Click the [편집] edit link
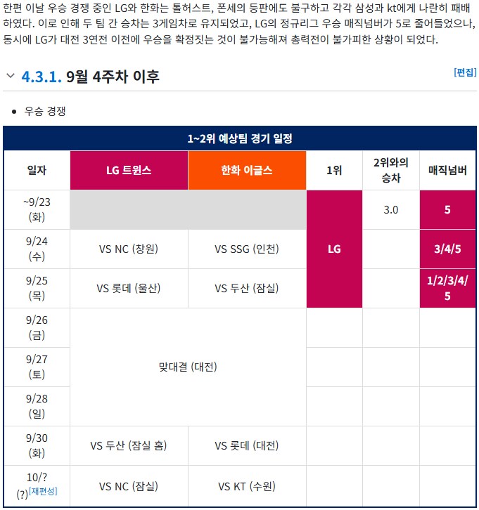pos(465,72)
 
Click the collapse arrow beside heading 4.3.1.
pos(10,76)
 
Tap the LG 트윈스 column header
pos(129,170)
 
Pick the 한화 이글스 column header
pos(247,170)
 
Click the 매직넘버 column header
pos(447,170)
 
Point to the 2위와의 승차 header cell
pos(390,170)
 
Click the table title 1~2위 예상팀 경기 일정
pos(240,138)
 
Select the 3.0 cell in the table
pos(390,209)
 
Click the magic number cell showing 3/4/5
pos(447,249)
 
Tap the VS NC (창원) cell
pos(129,249)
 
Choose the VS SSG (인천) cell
pos(247,249)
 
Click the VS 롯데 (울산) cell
pos(129,288)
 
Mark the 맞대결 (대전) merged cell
pos(188,367)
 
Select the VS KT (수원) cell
pos(247,486)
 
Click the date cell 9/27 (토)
pos(37,367)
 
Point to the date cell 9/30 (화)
pos(37,445)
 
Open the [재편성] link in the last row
pos(43,491)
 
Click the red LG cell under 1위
pos(334,249)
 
